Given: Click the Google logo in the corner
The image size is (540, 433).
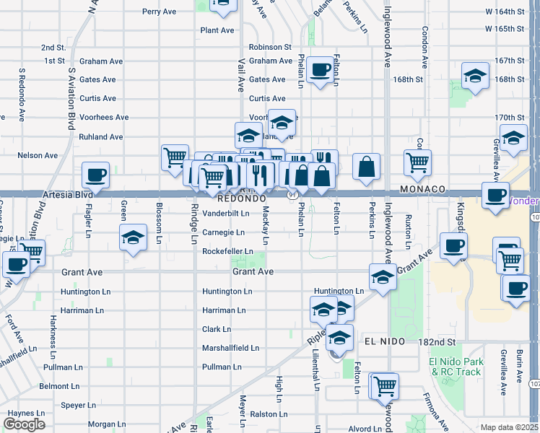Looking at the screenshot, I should point(25,424).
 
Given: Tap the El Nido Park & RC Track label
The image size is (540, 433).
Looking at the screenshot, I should point(455,367).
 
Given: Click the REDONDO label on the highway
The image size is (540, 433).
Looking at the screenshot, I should point(242,197).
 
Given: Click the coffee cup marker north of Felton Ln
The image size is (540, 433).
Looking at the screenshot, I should point(320,70).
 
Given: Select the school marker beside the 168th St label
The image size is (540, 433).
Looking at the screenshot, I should point(475,76).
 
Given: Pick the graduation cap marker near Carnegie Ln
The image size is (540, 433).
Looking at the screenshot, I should point(134,238).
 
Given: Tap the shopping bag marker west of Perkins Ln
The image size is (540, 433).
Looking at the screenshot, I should point(367,166).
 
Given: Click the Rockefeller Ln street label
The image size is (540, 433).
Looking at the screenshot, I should point(227,251).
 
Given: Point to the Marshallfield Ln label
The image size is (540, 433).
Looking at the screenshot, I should point(230,348).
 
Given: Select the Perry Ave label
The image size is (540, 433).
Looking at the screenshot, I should point(160,12).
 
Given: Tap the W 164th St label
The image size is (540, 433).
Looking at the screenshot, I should point(504,12).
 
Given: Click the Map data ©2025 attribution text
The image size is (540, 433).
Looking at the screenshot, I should point(509,427).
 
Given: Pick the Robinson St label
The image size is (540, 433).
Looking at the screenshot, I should point(269,47).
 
